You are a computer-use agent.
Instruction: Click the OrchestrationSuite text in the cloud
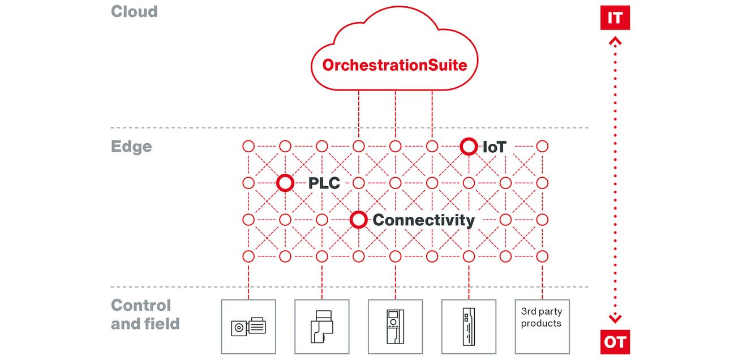(x=394, y=65)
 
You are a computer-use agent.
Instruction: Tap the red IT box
(x=615, y=18)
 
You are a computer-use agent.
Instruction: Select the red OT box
(x=615, y=342)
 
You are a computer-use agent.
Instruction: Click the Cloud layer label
(x=134, y=12)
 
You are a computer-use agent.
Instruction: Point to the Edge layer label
(x=131, y=147)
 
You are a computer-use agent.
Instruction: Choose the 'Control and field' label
(x=145, y=314)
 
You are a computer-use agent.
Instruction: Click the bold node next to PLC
(x=285, y=183)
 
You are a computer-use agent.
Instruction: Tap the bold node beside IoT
(x=469, y=146)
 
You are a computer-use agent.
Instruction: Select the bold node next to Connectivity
(x=358, y=220)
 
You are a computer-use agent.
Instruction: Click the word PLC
(x=324, y=183)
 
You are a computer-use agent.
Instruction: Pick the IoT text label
(x=495, y=147)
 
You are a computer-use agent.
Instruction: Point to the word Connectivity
(x=423, y=220)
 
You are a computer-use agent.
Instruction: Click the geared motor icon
(x=248, y=327)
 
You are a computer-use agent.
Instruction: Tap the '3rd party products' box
(x=542, y=327)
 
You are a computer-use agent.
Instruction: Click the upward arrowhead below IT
(x=615, y=41)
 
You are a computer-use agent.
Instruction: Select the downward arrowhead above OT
(x=615, y=319)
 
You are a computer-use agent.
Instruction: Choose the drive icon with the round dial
(x=395, y=327)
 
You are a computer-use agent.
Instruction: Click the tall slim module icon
(x=469, y=327)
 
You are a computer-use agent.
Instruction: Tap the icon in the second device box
(x=322, y=327)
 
